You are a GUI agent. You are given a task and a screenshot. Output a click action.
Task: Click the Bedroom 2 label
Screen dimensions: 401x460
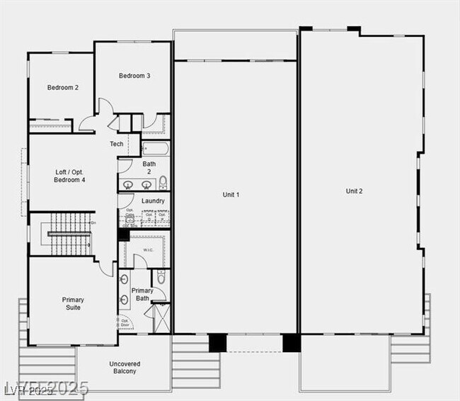pyautogui.click(x=63, y=88)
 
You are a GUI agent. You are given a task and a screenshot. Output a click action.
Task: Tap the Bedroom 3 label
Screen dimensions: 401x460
pyautogui.click(x=134, y=76)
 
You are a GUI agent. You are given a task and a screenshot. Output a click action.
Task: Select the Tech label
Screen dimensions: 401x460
pyautogui.click(x=117, y=145)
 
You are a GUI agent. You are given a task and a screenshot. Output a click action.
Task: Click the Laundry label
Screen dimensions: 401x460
pyautogui.click(x=153, y=201)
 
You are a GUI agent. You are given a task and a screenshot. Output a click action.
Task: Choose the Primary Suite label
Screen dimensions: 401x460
pyautogui.click(x=73, y=304)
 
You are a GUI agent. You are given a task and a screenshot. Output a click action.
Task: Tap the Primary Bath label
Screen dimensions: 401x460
pyautogui.click(x=142, y=295)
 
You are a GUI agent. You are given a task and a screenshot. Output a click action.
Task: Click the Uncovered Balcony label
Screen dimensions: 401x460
pyautogui.click(x=123, y=368)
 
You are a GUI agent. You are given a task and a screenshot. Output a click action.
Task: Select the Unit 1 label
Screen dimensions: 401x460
pyautogui.click(x=231, y=195)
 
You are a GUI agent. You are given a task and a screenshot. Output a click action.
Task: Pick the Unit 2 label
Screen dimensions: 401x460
pyautogui.click(x=354, y=191)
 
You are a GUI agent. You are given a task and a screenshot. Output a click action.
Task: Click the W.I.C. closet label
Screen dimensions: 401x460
pyautogui.click(x=149, y=249)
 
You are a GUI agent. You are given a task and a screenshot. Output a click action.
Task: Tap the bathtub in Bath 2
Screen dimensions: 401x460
pyautogui.click(x=155, y=149)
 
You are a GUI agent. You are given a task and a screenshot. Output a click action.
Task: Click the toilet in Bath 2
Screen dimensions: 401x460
pyautogui.click(x=163, y=184)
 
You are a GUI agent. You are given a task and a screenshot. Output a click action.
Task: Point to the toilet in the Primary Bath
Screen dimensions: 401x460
pyautogui.click(x=161, y=278)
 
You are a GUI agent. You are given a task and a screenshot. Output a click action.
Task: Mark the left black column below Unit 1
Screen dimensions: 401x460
pyautogui.click(x=218, y=343)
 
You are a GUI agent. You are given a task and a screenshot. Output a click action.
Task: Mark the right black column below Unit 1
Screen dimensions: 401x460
pyautogui.click(x=292, y=343)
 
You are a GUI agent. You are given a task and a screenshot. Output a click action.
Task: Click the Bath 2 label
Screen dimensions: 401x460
pyautogui.click(x=149, y=168)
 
